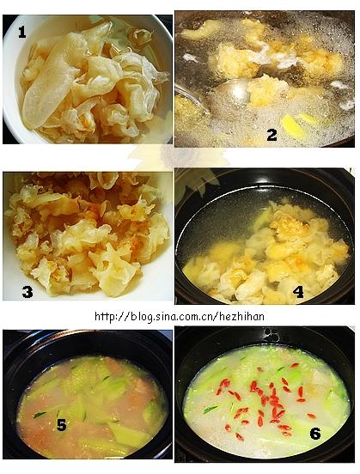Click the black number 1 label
coord(21,32)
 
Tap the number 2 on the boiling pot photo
coord(272,135)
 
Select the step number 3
coord(27,292)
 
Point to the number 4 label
coord(298,292)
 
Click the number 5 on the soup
coord(61,425)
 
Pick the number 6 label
coord(315,434)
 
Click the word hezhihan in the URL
coord(242,317)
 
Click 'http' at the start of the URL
coord(105,317)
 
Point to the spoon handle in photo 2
coord(191,97)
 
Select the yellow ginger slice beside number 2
coord(290,126)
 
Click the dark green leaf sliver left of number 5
coord(40,415)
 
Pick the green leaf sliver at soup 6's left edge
coord(211,410)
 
